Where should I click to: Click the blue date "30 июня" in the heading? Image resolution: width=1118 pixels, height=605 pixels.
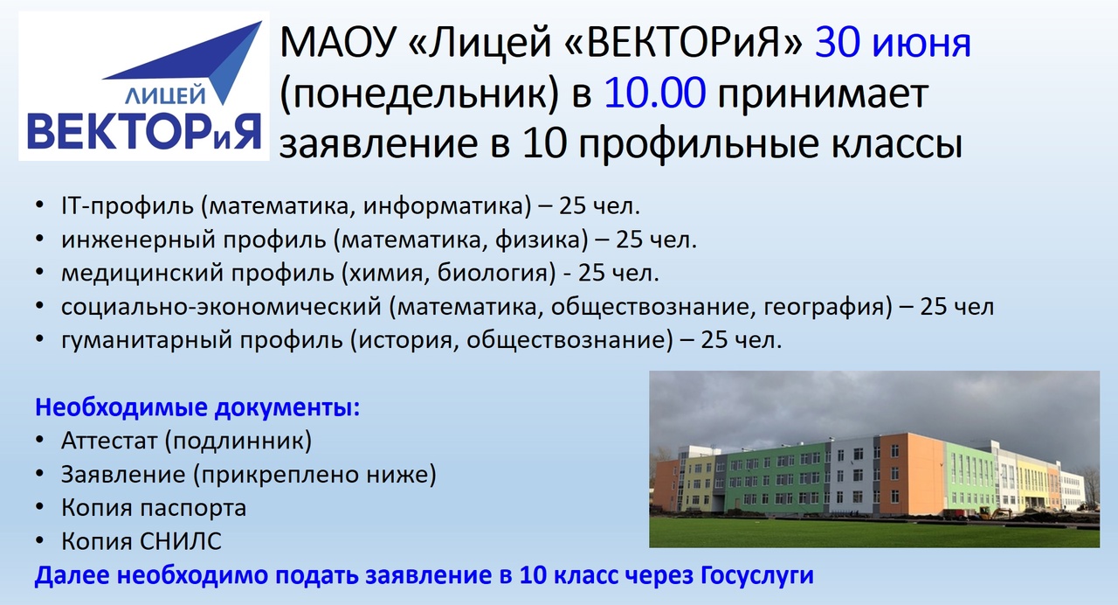coord(893,43)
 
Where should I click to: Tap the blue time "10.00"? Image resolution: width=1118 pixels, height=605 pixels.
coord(655,93)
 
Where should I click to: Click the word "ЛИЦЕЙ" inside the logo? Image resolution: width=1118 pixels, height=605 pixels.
coord(165,94)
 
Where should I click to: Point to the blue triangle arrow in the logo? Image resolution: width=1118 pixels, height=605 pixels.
coord(200,60)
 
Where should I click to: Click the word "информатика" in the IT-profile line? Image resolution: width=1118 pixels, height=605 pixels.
coord(447,206)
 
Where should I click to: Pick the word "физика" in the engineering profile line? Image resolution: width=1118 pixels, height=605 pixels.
coord(542,240)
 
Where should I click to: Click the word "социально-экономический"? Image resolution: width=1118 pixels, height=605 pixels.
coord(221,307)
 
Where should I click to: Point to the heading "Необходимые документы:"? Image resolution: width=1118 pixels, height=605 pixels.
coord(197,408)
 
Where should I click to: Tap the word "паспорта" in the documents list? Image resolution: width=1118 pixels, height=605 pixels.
coord(193,509)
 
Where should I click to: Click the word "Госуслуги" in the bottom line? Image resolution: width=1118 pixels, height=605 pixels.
coord(757,576)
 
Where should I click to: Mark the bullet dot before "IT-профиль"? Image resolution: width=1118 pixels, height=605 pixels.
coord(40,205)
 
